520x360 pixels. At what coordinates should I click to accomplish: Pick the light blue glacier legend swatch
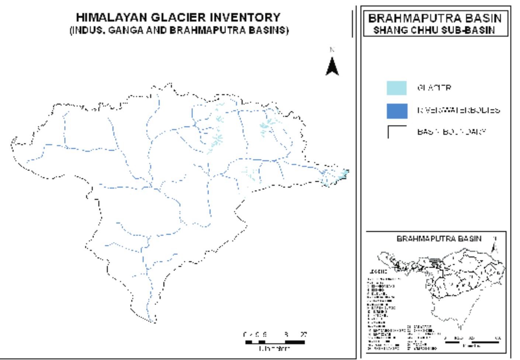[x=397, y=88]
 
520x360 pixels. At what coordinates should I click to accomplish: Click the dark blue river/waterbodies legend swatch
[x=397, y=111]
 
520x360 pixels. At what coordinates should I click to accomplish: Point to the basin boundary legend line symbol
[x=396, y=131]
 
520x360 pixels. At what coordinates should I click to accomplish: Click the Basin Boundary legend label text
[x=452, y=132]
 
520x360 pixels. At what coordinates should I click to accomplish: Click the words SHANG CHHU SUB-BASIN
[x=434, y=30]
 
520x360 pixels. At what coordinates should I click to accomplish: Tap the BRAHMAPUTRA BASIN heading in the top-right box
[x=435, y=18]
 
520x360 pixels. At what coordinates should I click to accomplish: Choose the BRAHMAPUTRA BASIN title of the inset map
[x=439, y=239]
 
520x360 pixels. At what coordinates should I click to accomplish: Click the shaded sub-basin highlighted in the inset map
[x=436, y=261]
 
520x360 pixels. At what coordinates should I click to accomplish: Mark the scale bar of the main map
[x=275, y=342]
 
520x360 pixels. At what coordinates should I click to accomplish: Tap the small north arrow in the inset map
[x=495, y=246]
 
